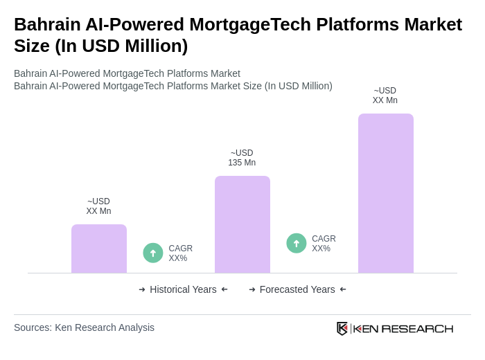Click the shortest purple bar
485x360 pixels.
pyautogui.click(x=99, y=249)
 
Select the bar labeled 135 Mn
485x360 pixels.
pyautogui.click(x=242, y=224)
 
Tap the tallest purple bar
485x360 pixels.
pyautogui.click(x=386, y=193)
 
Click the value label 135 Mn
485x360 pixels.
pyautogui.click(x=242, y=163)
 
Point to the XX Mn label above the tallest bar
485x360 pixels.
pyautogui.click(x=385, y=100)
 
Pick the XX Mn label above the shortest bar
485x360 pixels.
pyautogui.click(x=98, y=211)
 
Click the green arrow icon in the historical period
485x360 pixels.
pyautogui.click(x=153, y=253)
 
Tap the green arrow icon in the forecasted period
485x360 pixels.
pyautogui.click(x=297, y=243)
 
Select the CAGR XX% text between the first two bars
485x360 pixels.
pyautogui.click(x=181, y=253)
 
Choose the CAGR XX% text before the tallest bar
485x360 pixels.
pyautogui.click(x=324, y=244)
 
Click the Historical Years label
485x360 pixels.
pyautogui.click(x=183, y=289)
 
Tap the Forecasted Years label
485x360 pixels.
pyautogui.click(x=297, y=289)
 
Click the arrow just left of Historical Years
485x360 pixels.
pyautogui.click(x=142, y=289)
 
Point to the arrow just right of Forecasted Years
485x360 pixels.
pyautogui.click(x=343, y=289)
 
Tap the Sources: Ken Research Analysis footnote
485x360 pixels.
pyautogui.click(x=84, y=327)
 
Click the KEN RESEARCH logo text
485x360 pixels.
pyautogui.click(x=403, y=329)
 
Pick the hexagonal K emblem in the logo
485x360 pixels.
pyautogui.click(x=342, y=328)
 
